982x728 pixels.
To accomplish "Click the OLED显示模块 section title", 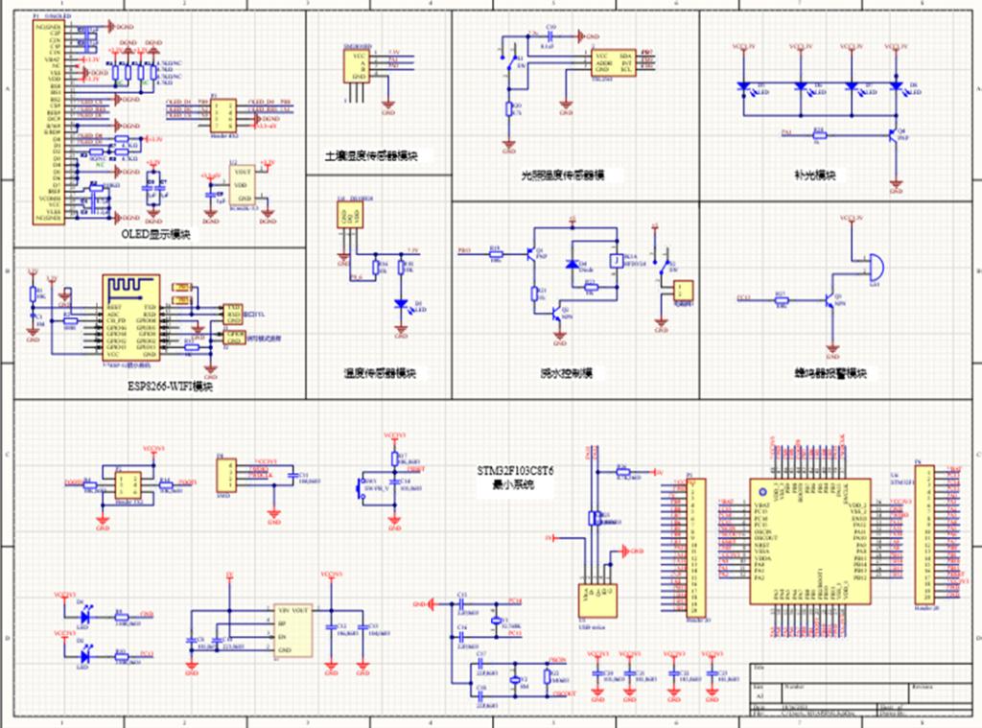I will point(155,234).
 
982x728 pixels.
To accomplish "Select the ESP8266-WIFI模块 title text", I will point(170,386).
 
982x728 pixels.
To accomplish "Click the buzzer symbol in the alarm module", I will point(871,265).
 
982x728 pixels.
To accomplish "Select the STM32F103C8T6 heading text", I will point(517,472).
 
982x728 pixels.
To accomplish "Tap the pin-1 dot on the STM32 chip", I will point(763,492).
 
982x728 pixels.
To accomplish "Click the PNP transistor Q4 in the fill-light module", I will point(895,135).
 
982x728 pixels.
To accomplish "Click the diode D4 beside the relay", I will point(574,265).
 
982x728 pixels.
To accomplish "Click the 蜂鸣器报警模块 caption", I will point(830,372).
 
